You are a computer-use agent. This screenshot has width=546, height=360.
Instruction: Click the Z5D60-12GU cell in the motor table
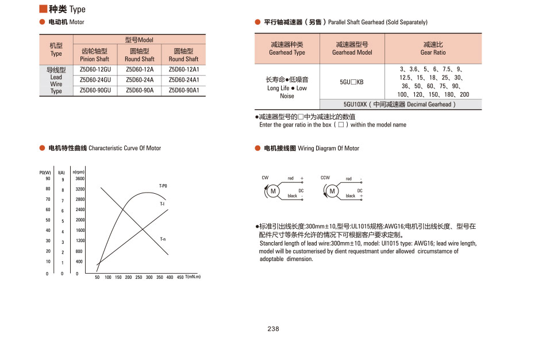tap(95, 70)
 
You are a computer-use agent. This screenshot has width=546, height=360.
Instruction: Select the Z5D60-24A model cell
tap(139, 80)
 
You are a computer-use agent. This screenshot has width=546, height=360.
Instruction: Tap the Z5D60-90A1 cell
tap(184, 90)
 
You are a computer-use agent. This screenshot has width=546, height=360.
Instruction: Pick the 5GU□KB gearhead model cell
tap(352, 82)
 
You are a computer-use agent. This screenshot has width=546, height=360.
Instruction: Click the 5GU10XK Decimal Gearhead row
tap(400, 105)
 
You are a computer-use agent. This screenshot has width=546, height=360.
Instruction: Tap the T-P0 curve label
tap(163, 186)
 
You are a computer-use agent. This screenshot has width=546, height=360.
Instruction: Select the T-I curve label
tap(162, 204)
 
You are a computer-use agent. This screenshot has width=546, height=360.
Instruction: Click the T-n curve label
tap(163, 239)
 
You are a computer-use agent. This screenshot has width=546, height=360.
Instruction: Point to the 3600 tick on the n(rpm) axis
tap(80, 179)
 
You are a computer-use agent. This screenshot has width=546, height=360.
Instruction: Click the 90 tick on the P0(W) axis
tap(48, 178)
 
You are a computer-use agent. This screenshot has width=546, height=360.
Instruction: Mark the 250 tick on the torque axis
tap(139, 277)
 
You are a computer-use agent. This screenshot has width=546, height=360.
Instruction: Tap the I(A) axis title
tap(61, 172)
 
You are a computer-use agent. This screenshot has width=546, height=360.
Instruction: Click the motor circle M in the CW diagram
tap(273, 191)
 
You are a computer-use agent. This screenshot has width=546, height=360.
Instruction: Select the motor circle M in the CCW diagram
tap(332, 191)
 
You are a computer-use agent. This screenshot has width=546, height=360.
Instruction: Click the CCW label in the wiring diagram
tap(325, 178)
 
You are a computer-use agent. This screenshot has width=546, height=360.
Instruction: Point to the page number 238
tap(273, 329)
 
